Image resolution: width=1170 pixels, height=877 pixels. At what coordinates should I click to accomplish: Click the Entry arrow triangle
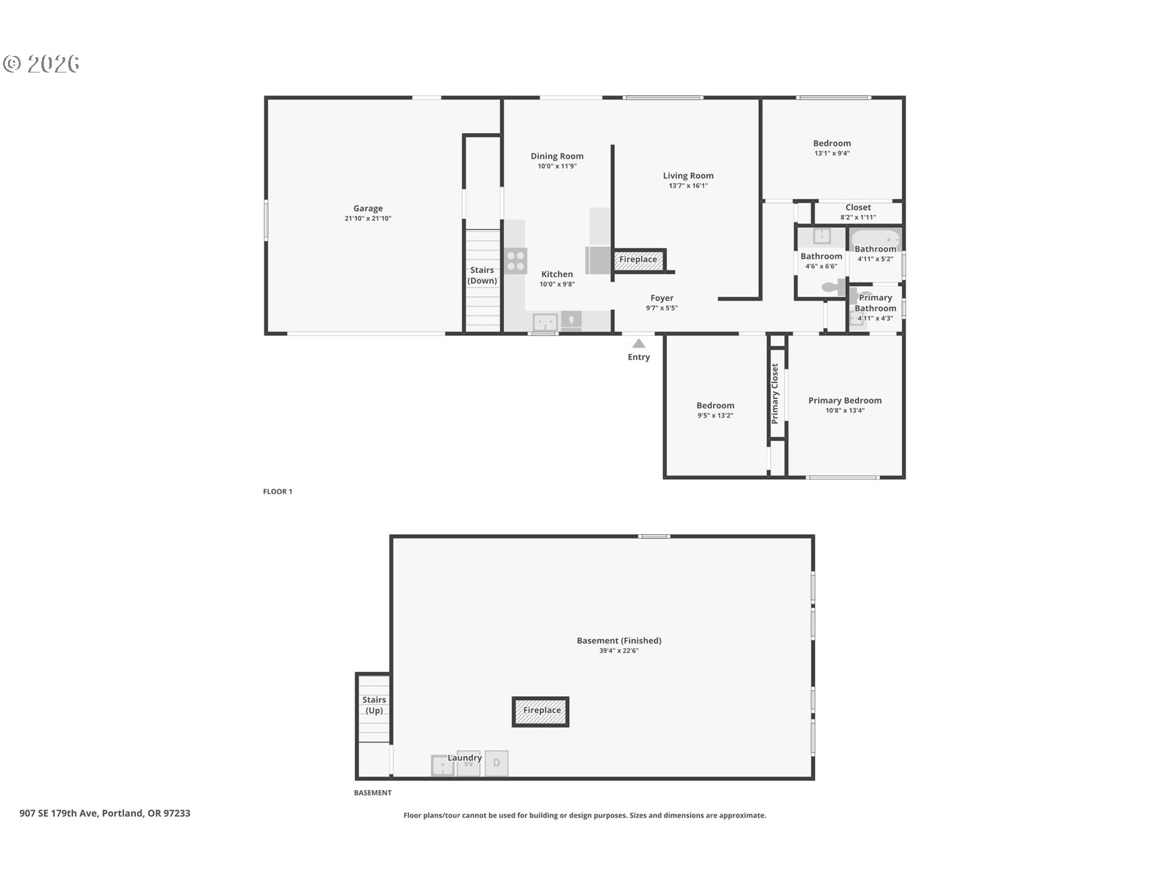pyautogui.click(x=639, y=343)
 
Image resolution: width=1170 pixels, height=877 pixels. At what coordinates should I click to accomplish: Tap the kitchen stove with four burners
pyautogui.click(x=516, y=261)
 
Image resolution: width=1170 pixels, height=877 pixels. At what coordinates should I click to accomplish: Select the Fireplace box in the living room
pyautogui.click(x=639, y=259)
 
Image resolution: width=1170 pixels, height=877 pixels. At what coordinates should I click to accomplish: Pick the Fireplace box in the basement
pyautogui.click(x=541, y=711)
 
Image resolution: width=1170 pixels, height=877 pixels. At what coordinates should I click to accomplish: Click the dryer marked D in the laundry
pyautogui.click(x=497, y=763)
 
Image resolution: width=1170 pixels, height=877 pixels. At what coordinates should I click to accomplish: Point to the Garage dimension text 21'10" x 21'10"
pyautogui.click(x=368, y=219)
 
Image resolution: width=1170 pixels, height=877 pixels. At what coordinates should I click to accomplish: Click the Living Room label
pyautogui.click(x=688, y=175)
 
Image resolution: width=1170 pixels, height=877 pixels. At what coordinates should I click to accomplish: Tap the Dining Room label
pyautogui.click(x=557, y=156)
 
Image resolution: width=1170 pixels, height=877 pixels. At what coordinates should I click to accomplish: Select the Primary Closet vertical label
pyautogui.click(x=775, y=394)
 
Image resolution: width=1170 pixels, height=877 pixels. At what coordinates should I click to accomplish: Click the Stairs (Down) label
pyautogui.click(x=482, y=275)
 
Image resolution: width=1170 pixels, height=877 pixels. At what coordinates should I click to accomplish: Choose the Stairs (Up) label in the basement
pyautogui.click(x=374, y=705)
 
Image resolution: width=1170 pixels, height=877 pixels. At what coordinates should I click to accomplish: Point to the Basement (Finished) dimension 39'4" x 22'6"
pyautogui.click(x=619, y=651)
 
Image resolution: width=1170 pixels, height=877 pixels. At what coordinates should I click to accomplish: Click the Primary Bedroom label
pyautogui.click(x=845, y=400)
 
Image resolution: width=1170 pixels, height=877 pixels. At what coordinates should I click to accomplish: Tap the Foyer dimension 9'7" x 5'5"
pyautogui.click(x=662, y=308)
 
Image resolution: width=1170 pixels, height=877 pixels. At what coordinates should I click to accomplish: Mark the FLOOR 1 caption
pyautogui.click(x=278, y=491)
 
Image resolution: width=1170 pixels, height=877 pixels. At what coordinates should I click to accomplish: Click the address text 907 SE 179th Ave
pyautogui.click(x=58, y=813)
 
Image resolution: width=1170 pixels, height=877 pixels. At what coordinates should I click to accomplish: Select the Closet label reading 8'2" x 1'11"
pyautogui.click(x=858, y=217)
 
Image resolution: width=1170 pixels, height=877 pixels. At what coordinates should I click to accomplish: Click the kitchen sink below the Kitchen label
pyautogui.click(x=545, y=322)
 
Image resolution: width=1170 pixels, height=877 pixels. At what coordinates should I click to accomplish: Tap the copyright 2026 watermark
pyautogui.click(x=41, y=64)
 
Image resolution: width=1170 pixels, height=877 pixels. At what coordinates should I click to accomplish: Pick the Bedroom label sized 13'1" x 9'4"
pyautogui.click(x=832, y=143)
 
